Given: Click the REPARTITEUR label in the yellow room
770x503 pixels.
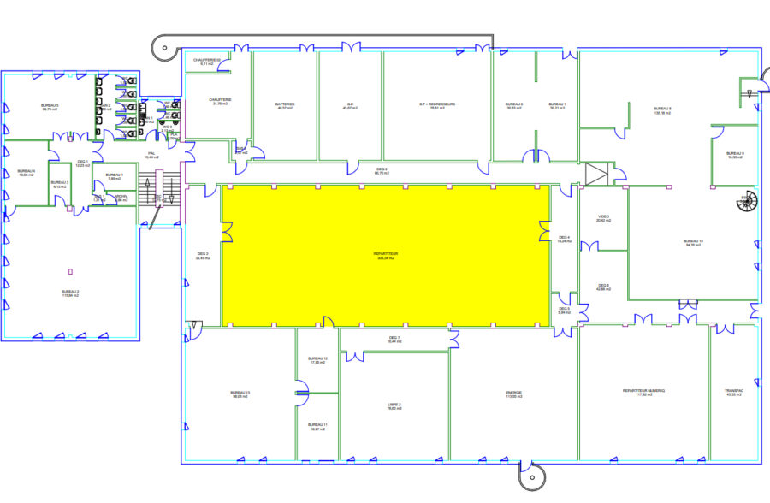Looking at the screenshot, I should (386, 254).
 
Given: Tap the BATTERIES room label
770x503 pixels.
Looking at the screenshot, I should (285, 105).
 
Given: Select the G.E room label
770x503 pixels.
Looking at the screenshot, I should (349, 105).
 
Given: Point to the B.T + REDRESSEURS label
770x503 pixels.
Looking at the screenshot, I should (437, 105).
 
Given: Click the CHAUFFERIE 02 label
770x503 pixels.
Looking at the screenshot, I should (207, 60).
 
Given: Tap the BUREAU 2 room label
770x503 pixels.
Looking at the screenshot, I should (70, 292).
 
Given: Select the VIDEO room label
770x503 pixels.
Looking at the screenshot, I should (604, 217).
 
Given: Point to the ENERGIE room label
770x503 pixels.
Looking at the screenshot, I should (514, 393).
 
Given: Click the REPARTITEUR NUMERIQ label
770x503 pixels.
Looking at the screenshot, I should (644, 391).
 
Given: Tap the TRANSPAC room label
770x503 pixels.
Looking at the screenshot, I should (734, 391).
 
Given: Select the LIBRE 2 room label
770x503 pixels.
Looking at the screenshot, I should (394, 405).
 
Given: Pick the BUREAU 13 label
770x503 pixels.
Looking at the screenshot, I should (240, 394).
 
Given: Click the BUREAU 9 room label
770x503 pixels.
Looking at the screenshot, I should (736, 154).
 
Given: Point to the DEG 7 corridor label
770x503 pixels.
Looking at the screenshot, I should (394, 339).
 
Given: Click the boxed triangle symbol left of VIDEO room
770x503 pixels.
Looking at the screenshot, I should (595, 174).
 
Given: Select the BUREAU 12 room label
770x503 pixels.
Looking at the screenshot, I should (317, 359).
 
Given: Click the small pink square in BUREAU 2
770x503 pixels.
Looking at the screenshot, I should (69, 271).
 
